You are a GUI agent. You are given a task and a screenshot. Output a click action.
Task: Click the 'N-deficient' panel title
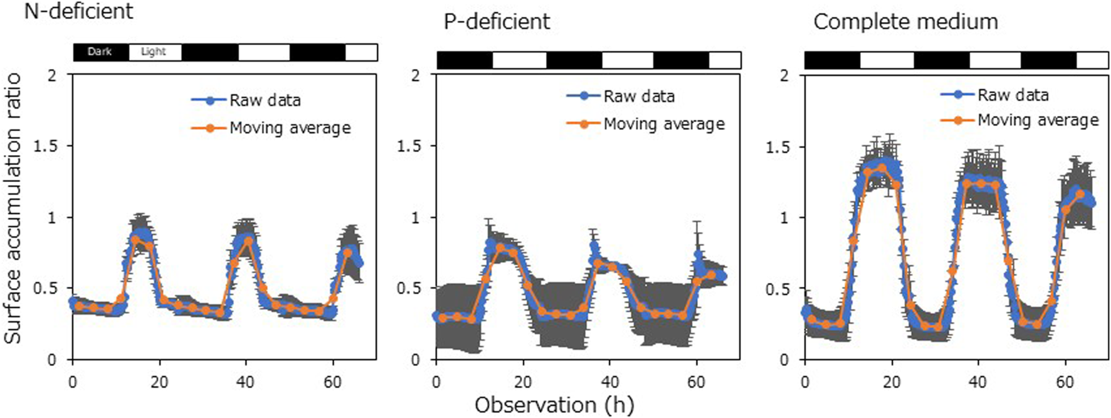click(x=78, y=11)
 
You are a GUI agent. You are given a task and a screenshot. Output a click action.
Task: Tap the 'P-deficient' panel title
click(x=497, y=22)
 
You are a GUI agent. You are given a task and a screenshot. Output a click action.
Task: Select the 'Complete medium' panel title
click(x=905, y=22)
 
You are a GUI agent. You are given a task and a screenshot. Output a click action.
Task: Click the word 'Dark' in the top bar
click(x=100, y=51)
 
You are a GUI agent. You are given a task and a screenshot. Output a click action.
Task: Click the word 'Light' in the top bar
click(x=154, y=51)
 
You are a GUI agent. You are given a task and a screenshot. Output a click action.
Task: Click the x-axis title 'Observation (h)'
click(x=554, y=405)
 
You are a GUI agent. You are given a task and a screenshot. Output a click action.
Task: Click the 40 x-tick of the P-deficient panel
click(x=609, y=382)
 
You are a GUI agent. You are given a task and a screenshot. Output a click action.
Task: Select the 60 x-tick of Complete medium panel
click(x=1065, y=382)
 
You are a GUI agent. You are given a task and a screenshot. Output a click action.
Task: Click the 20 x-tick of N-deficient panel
click(x=159, y=382)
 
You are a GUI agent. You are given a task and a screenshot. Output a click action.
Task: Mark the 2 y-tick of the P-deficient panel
click(x=415, y=75)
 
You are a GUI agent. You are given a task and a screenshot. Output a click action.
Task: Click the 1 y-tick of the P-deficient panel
click(x=415, y=218)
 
